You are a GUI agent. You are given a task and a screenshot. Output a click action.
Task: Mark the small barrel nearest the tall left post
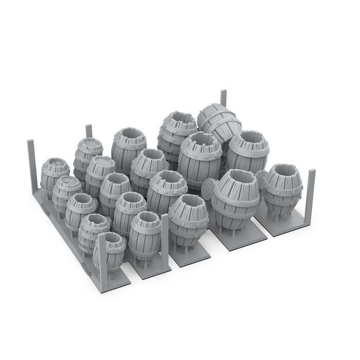point(54,173)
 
